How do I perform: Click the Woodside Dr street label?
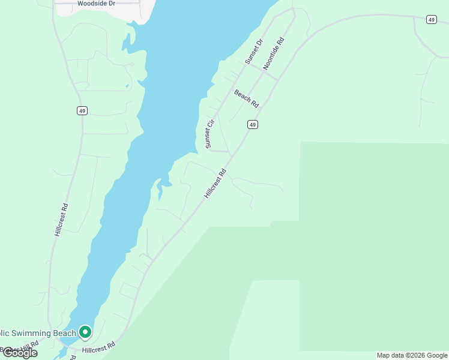pyautogui.click(x=96, y=4)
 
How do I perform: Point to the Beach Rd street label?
pyautogui.click(x=246, y=98)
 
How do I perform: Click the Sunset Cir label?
pyautogui.click(x=209, y=134)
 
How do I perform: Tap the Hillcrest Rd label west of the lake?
pyautogui.click(x=61, y=219)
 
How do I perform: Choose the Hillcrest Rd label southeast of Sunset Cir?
pyautogui.click(x=214, y=183)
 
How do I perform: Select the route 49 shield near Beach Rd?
pyautogui.click(x=252, y=125)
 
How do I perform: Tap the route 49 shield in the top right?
pyautogui.click(x=431, y=20)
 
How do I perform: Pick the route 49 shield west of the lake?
pyautogui.click(x=82, y=110)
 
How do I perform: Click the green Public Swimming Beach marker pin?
pyautogui.click(x=85, y=332)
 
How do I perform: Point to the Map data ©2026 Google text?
pyautogui.click(x=412, y=355)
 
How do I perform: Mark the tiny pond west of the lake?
pyautogui.click(x=127, y=86)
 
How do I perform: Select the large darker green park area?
pyautogui.click(x=372, y=240)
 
